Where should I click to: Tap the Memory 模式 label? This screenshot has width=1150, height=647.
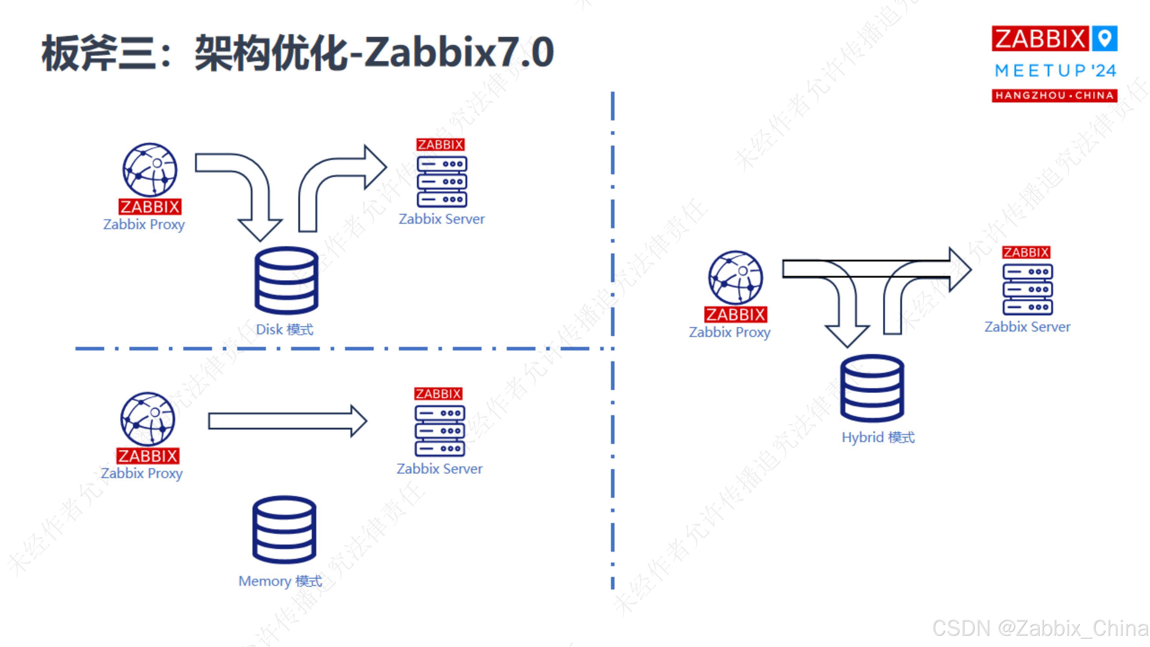coord(280,581)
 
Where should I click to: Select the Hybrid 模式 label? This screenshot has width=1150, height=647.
coord(878,437)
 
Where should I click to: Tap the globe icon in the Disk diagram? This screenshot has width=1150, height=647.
coord(150,170)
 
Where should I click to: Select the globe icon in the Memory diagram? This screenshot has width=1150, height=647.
coord(148,419)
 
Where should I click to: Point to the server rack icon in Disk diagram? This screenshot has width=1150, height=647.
coord(441,181)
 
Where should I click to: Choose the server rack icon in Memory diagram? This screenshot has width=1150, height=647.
coord(440,431)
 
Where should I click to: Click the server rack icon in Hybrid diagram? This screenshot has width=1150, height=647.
coord(1027,289)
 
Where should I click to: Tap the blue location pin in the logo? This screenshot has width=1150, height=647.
coord(1104,38)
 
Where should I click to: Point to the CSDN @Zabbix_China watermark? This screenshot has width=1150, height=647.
coord(1040,628)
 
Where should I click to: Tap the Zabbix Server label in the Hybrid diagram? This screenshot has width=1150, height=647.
coord(1027,327)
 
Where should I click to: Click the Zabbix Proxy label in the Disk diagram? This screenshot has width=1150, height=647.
coord(144,224)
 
